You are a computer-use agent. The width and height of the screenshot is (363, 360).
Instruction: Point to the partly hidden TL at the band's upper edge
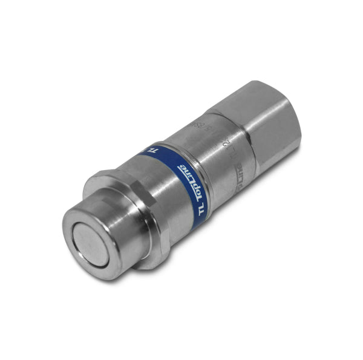(155, 148)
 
